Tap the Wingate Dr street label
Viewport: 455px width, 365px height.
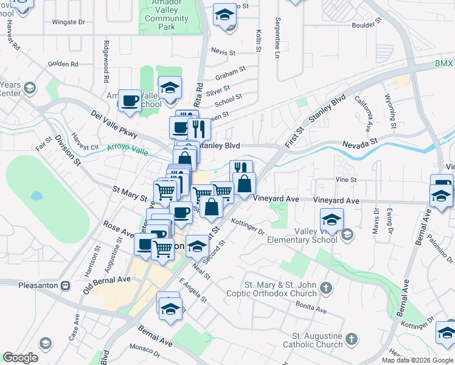pos(68,22)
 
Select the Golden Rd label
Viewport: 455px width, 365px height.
pos(63,63)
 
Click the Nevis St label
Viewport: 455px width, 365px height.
pos(223,53)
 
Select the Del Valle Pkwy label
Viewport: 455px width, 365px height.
pos(114,124)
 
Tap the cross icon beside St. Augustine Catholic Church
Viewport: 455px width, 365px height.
pos(351,338)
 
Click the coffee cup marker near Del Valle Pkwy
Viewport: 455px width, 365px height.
pos(130,100)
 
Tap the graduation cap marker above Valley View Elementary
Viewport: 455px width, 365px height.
pos(332,220)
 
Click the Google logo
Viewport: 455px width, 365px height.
pos(20,358)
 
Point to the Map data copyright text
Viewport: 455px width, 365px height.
pos(418,360)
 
